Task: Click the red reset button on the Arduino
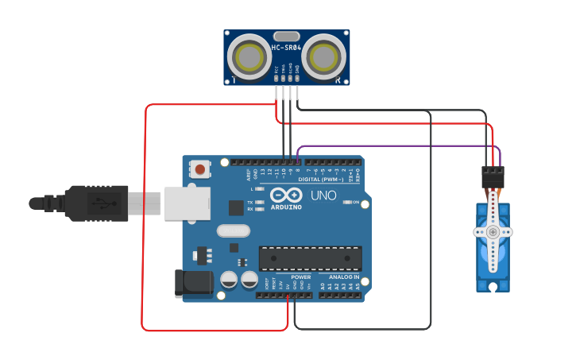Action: pyautogui.click(x=200, y=169)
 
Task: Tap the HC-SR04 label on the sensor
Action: pyautogui.click(x=286, y=48)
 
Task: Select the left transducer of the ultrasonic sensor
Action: pyautogui.click(x=249, y=57)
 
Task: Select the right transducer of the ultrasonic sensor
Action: pyautogui.click(x=323, y=57)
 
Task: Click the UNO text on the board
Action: pyautogui.click(x=323, y=195)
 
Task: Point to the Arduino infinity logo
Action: pyautogui.click(x=286, y=195)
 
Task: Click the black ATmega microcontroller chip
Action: pyautogui.click(x=310, y=258)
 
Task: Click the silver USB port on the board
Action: pyautogui.click(x=186, y=203)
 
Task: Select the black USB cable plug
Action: pyautogui.click(x=95, y=203)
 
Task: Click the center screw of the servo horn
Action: pyautogui.click(x=493, y=232)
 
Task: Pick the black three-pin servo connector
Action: pyautogui.click(x=493, y=176)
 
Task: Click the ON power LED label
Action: pyautogui.click(x=355, y=203)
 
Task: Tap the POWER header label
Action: pyautogui.click(x=300, y=277)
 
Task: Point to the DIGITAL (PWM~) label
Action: pyautogui.click(x=321, y=180)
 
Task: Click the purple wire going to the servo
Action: pyautogui.click(x=397, y=146)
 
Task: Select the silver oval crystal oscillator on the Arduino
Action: pyautogui.click(x=232, y=231)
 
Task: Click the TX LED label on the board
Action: pyautogui.click(x=250, y=203)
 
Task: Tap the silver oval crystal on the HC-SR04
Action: pyautogui.click(x=286, y=36)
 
